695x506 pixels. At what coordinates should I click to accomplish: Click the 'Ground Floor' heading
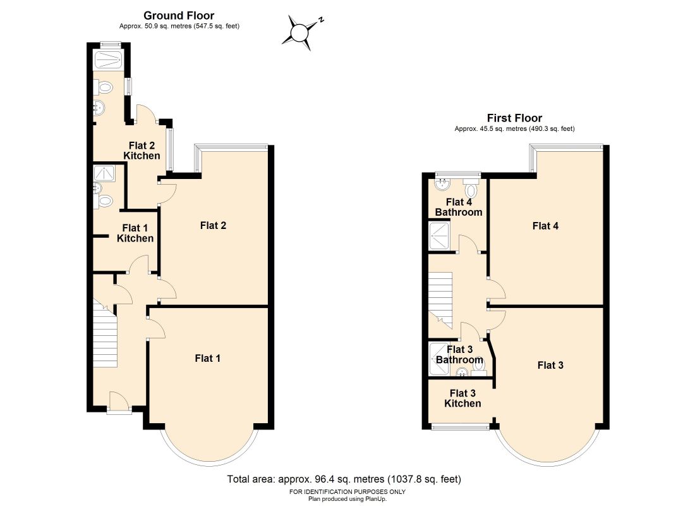(x=179, y=16)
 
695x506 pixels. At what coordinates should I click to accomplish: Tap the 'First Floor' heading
(x=514, y=118)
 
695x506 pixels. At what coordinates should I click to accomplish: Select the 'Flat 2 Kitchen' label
(x=142, y=151)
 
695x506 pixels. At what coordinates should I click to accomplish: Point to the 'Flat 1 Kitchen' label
(x=135, y=233)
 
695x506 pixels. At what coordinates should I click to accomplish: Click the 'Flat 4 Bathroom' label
(x=459, y=207)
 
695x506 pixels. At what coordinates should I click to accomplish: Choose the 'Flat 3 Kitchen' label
(x=462, y=398)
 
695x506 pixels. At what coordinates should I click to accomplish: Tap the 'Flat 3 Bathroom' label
(x=459, y=355)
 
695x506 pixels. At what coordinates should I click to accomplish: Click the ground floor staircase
(x=105, y=333)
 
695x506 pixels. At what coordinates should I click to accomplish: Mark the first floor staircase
(x=440, y=300)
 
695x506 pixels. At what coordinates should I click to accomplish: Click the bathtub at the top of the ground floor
(x=108, y=59)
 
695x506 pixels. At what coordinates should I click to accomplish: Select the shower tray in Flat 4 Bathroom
(x=440, y=236)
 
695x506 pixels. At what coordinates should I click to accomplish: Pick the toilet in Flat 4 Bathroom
(x=471, y=189)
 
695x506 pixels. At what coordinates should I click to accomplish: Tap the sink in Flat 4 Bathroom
(x=442, y=184)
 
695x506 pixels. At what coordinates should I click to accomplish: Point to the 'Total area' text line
(x=344, y=479)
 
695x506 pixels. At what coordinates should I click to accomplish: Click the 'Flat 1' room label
(x=207, y=358)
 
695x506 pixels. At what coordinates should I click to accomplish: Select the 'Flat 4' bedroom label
(x=545, y=226)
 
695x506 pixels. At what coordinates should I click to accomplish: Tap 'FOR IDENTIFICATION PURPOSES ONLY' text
(x=347, y=492)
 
